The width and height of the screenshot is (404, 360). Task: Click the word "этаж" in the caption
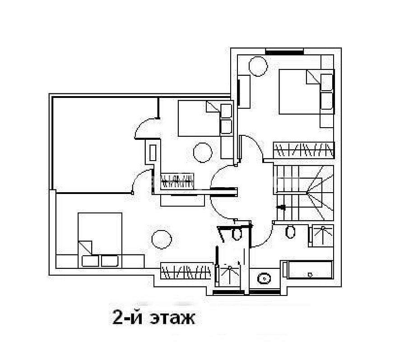point(172,318)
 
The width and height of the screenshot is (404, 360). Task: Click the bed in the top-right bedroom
point(306,92)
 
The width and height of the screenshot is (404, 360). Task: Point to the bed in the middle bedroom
point(205,118)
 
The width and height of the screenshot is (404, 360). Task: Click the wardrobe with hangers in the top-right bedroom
point(304,150)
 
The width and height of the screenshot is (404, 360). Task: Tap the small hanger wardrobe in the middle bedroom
point(177,181)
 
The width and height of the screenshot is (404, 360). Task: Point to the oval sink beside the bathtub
point(264,278)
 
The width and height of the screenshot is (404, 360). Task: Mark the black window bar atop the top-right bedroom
point(284,52)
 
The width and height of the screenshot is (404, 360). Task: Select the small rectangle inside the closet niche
point(153,152)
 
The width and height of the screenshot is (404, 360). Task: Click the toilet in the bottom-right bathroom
point(290,231)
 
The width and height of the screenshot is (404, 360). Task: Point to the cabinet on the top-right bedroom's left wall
point(244,92)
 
